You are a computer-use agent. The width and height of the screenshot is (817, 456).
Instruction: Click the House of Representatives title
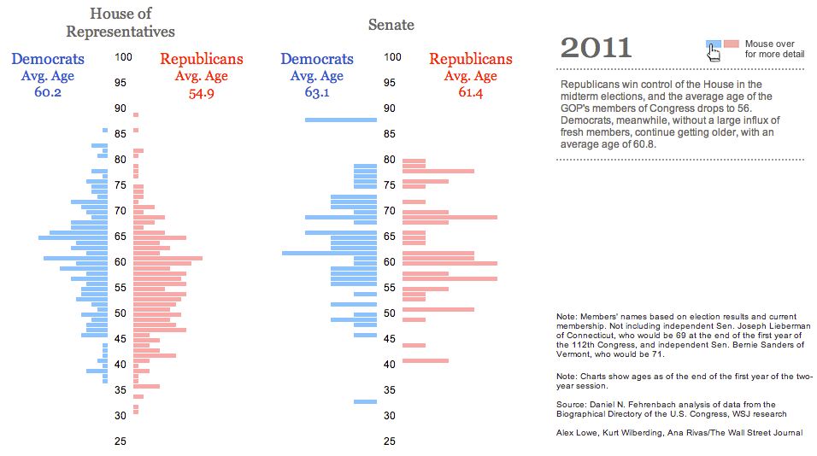120,22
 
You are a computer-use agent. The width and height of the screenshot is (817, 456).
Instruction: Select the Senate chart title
391,25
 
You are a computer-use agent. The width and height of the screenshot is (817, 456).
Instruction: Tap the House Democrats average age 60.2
48,92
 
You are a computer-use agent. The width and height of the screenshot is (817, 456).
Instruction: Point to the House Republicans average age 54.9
201,92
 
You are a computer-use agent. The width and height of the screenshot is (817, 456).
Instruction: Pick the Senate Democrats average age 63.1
317,92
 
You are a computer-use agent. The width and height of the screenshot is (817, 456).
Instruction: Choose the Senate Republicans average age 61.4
470,92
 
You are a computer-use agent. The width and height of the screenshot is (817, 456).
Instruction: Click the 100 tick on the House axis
123,57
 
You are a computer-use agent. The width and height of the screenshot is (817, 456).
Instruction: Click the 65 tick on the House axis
121,237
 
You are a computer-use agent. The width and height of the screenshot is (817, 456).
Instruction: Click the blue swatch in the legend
714,44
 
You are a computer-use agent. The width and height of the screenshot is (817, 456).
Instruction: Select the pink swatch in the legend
732,44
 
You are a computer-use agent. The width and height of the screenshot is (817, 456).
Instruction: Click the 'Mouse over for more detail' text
773,49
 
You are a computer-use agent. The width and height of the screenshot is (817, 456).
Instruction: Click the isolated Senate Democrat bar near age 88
341,120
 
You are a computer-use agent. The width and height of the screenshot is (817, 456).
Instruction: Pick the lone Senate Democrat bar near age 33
366,401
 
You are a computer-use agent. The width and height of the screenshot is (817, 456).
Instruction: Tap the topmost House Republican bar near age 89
136,114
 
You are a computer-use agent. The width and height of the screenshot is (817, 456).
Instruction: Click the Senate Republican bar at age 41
426,360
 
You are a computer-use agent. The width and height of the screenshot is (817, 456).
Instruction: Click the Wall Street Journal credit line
679,433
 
